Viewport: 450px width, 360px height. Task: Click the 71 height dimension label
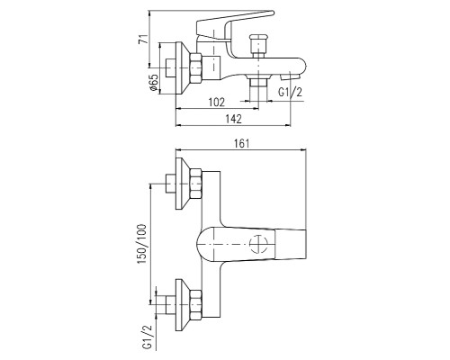(x=143, y=40)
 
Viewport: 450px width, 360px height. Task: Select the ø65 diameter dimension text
(x=154, y=82)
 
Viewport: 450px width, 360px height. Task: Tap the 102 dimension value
(x=217, y=103)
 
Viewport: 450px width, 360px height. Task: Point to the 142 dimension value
(x=233, y=119)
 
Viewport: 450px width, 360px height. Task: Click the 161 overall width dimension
(x=241, y=143)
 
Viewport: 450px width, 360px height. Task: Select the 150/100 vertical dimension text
(x=142, y=244)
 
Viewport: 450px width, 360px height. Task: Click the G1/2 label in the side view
(x=290, y=92)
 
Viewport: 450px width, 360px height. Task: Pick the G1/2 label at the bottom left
(x=148, y=337)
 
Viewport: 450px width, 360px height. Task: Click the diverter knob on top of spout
(x=258, y=45)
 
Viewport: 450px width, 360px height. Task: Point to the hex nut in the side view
(x=195, y=68)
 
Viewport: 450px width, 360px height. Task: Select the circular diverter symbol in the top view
(x=258, y=244)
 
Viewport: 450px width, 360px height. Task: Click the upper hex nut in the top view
(x=195, y=184)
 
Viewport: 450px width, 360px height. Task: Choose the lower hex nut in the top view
(x=195, y=304)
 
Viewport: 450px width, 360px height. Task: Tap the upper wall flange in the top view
(x=182, y=184)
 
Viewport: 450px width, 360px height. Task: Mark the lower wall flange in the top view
(x=182, y=305)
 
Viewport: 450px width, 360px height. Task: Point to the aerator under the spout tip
(x=291, y=76)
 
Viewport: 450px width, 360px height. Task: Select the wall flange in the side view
(x=182, y=68)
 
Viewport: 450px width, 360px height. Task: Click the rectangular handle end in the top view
(x=291, y=245)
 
